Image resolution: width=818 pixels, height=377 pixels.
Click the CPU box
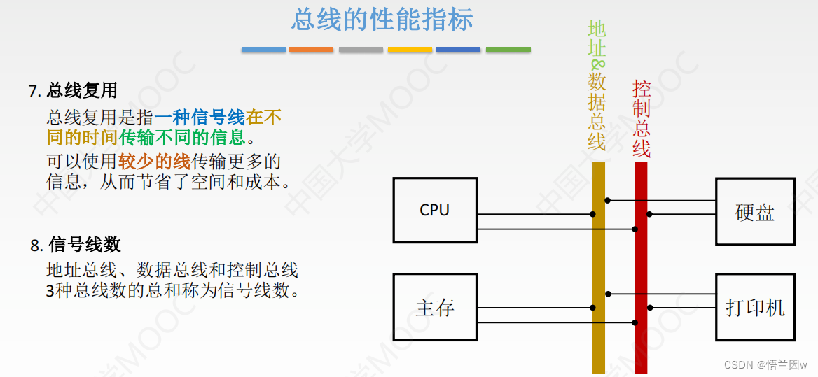[x=435, y=211]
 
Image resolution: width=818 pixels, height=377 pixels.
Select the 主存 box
[x=435, y=307]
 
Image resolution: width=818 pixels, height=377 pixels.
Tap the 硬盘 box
[x=755, y=212]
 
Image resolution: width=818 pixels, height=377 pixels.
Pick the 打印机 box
[x=755, y=307]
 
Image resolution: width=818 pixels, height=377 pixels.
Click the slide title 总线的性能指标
[x=382, y=20]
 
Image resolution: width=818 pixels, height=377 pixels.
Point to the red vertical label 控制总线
[x=642, y=119]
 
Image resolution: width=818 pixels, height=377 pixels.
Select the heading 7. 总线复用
[x=73, y=91]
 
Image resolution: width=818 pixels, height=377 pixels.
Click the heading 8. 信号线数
[x=76, y=245]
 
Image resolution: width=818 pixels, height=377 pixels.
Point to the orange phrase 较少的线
[x=154, y=162]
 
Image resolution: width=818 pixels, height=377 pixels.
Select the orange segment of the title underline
[x=311, y=50]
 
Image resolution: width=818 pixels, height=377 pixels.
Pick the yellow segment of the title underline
[x=410, y=50]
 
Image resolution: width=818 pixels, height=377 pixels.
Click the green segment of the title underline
[x=508, y=50]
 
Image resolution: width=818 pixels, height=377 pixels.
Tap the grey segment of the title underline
[x=361, y=50]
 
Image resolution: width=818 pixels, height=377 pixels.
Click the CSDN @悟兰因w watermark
[x=765, y=365]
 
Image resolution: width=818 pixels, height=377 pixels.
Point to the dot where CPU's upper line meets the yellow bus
[x=592, y=214]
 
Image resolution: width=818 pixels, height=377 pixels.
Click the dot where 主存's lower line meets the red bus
[x=635, y=322]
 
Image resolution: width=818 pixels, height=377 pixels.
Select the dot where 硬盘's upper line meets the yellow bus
[x=607, y=201]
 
